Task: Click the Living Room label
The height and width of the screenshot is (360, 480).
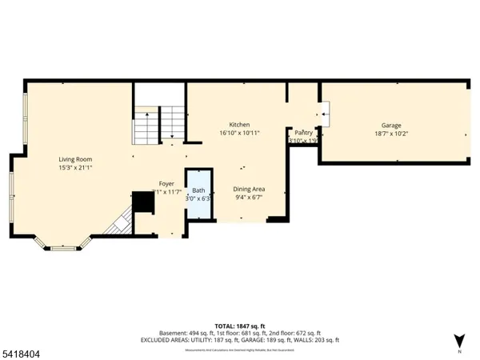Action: (x=74, y=159)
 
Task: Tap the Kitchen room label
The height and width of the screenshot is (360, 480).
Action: (x=239, y=125)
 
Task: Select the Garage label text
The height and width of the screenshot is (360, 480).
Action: (x=390, y=126)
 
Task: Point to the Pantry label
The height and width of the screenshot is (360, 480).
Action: (x=303, y=133)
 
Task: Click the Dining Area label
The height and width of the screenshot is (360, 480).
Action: (x=249, y=189)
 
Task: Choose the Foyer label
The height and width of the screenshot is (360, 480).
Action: (x=166, y=183)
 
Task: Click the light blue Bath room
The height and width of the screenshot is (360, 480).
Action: (x=199, y=194)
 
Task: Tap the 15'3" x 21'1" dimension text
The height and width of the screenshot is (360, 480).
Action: (x=75, y=168)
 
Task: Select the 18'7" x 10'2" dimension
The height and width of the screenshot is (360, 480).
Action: (x=391, y=134)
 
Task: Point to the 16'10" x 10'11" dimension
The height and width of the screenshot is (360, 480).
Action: (x=240, y=134)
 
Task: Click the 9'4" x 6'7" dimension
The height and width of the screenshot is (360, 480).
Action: (x=249, y=198)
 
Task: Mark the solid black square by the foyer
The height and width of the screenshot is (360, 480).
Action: (x=144, y=202)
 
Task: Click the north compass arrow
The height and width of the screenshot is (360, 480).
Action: (x=458, y=340)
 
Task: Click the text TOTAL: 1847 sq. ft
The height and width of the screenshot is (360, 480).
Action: (x=240, y=325)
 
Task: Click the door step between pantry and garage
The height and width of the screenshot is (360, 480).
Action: (x=324, y=114)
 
